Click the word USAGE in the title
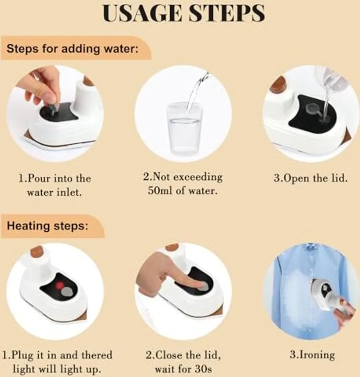[x=143, y=13]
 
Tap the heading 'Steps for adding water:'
[x=73, y=49]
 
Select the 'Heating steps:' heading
[x=48, y=226]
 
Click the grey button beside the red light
[x=68, y=292]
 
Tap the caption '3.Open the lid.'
[x=311, y=179]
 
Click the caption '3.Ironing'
[x=312, y=355]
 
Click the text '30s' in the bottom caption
[x=204, y=369]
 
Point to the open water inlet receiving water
[x=324, y=117]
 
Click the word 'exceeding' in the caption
[x=198, y=177]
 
